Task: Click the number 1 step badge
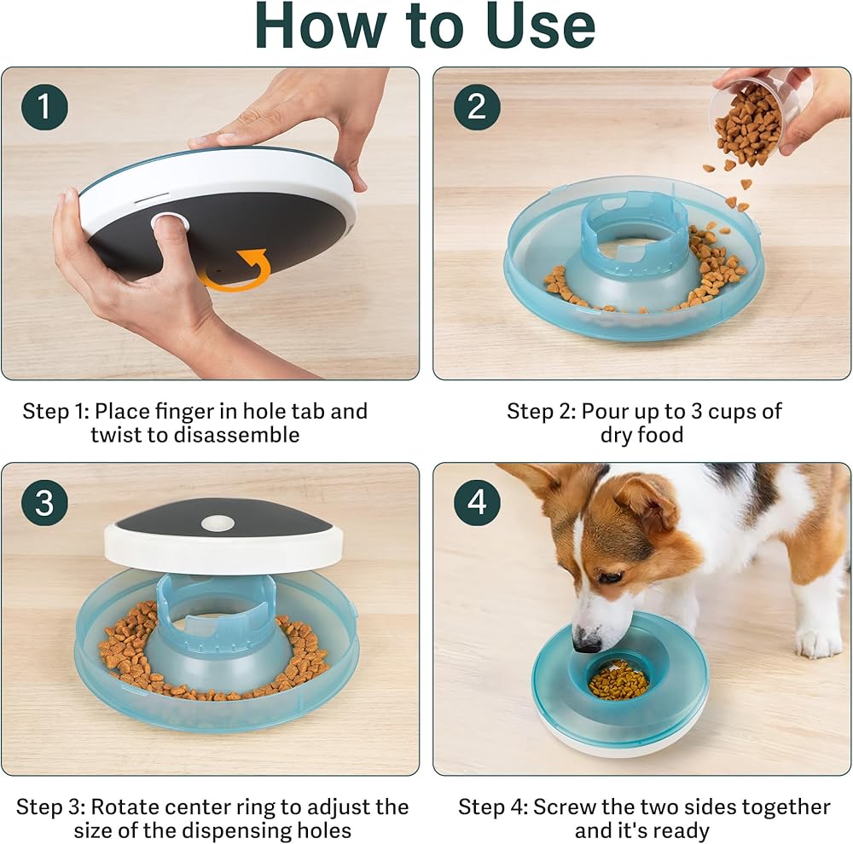[x=44, y=107]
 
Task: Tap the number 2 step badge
[x=477, y=107]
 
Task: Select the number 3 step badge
[x=44, y=502]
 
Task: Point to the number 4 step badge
[x=477, y=502]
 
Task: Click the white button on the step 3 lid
[x=218, y=523]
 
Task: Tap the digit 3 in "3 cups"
[x=696, y=412]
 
